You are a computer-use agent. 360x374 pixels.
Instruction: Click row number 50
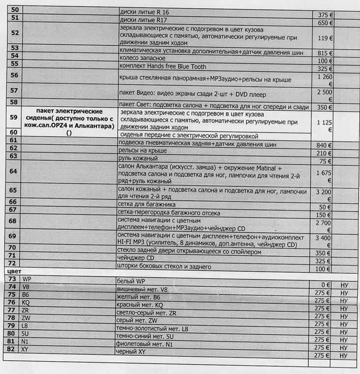tap(13, 10)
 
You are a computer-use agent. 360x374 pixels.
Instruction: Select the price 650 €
tap(325, 23)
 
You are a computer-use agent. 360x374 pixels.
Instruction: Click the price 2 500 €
tap(325, 95)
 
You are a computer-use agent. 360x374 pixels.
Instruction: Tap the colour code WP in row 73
tap(27, 279)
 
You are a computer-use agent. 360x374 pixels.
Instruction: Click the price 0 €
tap(325, 284)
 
